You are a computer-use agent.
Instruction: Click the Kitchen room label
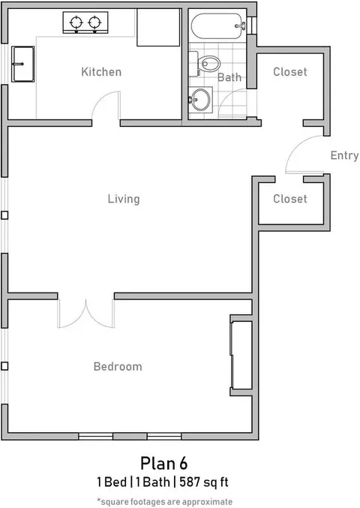coord(101,72)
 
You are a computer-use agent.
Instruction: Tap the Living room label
coord(124,199)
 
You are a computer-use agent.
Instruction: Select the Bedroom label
coord(118,366)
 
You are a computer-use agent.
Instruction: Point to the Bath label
coord(229,77)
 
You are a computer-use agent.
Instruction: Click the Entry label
coord(344,155)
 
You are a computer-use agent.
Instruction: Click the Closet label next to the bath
coord(290,71)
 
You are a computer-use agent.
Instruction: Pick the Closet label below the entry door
coord(290,199)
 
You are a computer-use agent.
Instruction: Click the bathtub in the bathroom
coord(218,26)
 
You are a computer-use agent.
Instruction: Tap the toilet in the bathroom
coord(205,64)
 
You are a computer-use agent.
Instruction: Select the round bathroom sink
coord(201,100)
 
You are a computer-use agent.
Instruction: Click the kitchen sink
coord(22,64)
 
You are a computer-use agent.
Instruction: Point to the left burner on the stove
coord(76,23)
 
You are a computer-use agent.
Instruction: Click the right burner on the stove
coord(94,23)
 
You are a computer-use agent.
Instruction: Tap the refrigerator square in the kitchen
coord(158,27)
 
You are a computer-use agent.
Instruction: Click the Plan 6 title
coord(163,464)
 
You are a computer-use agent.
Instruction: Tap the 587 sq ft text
coord(204,482)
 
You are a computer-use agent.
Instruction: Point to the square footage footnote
coord(165,501)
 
